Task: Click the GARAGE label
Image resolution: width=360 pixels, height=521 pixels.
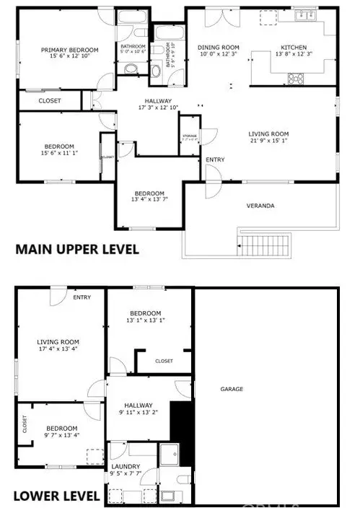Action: [232, 389]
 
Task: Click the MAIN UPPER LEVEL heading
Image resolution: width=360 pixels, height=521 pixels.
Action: [77, 250]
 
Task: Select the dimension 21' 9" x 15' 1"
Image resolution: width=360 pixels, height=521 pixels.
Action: [268, 142]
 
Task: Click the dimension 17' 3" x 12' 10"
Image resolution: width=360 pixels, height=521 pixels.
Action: [157, 107]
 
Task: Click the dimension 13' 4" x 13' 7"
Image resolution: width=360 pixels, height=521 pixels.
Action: [149, 201]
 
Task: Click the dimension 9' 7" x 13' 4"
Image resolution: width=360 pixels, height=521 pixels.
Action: [59, 434]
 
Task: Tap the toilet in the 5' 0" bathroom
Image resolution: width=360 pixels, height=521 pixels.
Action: [130, 70]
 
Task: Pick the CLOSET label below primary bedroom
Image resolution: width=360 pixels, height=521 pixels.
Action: [48, 100]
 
